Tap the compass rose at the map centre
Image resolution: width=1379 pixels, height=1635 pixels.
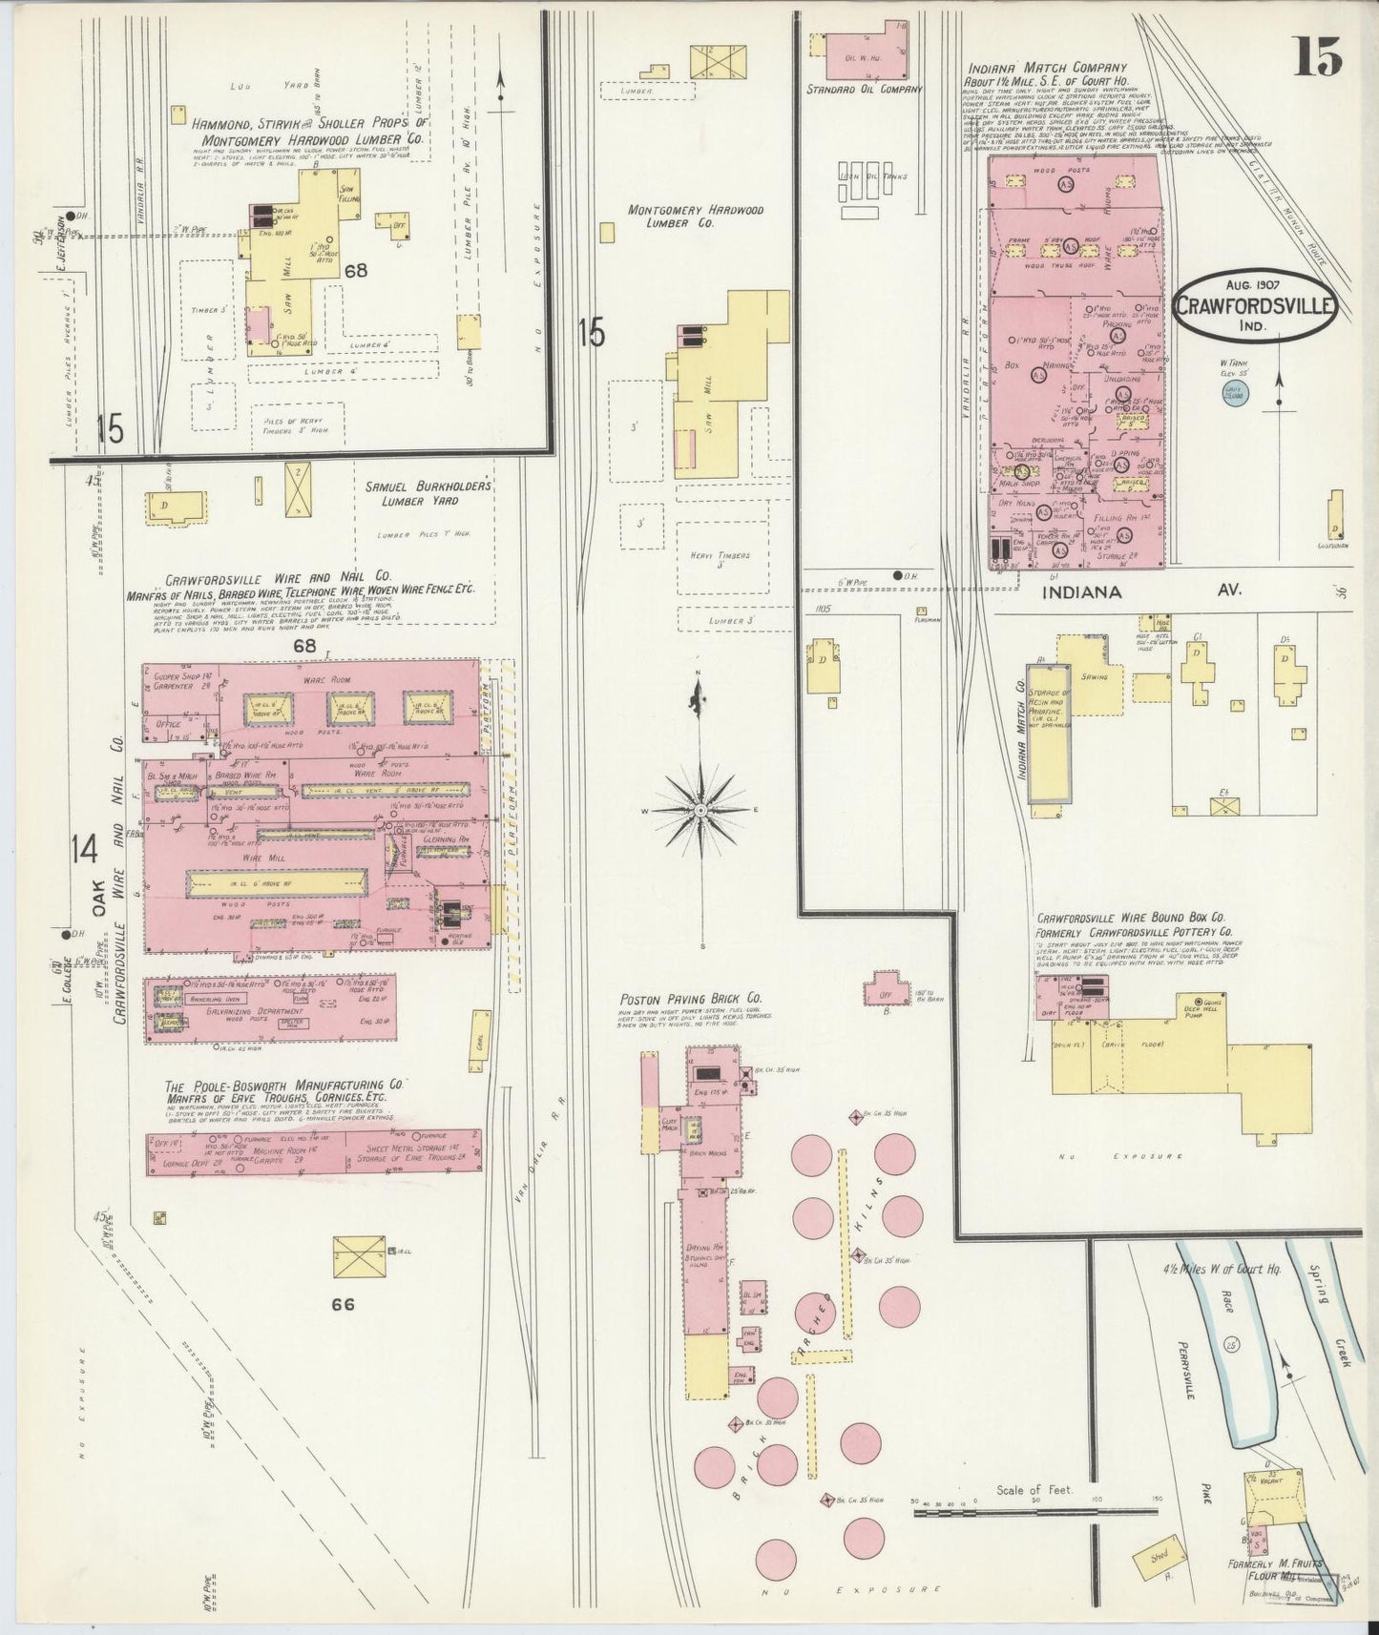coord(701,810)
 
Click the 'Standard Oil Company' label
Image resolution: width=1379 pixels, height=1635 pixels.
coord(863,90)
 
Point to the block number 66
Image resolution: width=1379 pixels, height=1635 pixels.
coord(343,1304)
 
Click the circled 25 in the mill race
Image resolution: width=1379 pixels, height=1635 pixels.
coord(1232,1345)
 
